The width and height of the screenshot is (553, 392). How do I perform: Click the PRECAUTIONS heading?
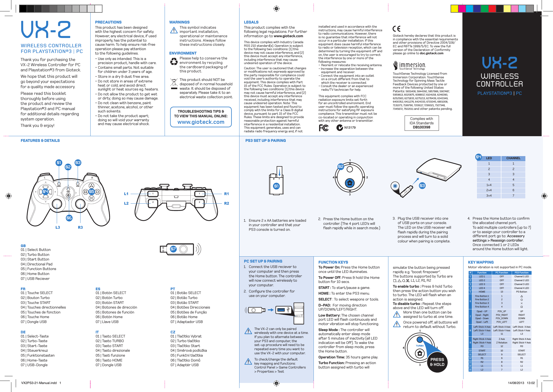click(108, 22)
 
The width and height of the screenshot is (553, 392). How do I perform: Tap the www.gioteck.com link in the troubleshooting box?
click(201, 122)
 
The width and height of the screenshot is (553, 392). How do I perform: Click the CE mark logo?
click(396, 28)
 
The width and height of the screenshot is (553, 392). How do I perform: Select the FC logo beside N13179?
click(324, 128)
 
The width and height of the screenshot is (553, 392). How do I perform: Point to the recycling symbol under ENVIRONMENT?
click(174, 62)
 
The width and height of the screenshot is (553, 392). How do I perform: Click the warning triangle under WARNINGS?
click(174, 31)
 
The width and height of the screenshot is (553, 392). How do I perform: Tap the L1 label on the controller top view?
click(126, 194)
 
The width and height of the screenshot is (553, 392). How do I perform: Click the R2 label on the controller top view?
click(227, 203)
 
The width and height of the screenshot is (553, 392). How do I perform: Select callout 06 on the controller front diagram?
click(69, 218)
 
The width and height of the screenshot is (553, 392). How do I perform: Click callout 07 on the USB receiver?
click(173, 249)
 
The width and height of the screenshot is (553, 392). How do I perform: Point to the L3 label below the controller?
click(58, 227)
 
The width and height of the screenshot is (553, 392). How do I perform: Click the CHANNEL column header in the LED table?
click(513, 158)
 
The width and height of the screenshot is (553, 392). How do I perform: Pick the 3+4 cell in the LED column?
click(489, 196)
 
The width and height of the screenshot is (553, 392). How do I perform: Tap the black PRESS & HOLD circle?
click(437, 362)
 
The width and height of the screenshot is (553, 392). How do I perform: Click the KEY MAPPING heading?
click(481, 262)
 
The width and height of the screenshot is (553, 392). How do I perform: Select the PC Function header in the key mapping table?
click(502, 273)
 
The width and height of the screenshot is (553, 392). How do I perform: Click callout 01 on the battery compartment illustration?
click(276, 186)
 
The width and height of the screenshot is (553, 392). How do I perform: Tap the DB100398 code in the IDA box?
click(421, 127)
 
